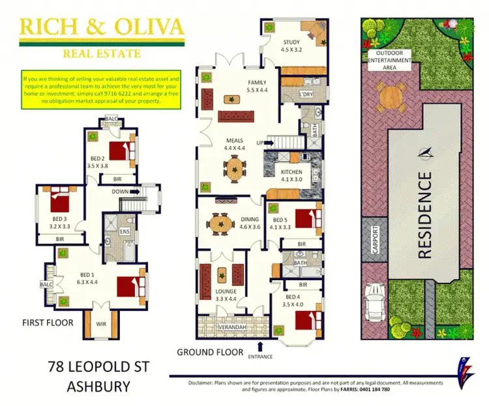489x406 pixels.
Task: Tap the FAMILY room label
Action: point(256,82)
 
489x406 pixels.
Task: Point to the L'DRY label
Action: point(306,94)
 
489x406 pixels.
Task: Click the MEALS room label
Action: point(235,139)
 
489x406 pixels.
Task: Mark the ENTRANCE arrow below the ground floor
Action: point(261,346)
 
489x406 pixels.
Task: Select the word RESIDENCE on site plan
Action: point(424,214)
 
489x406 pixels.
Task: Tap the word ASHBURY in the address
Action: point(98,386)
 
